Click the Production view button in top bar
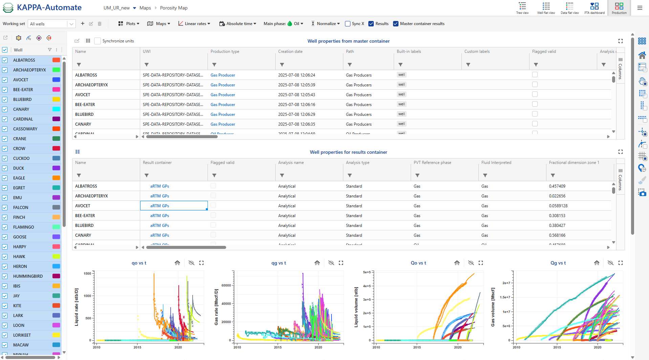[619, 8]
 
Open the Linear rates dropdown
[194, 24]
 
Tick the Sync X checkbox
[348, 24]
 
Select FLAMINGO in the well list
[24, 227]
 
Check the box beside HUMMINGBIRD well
[5, 276]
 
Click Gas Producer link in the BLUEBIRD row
[222, 114]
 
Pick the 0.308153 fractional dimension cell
[557, 216]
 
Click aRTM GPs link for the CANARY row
[159, 235]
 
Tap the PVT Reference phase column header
[432, 163]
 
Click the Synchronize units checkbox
[98, 41]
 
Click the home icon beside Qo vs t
[457, 263]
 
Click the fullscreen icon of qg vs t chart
[341, 263]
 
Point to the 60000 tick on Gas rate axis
[226, 285]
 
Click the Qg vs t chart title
[558, 263]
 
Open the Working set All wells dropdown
[51, 24]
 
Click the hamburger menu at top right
[640, 8]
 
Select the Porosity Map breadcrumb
[174, 8]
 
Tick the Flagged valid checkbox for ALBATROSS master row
[535, 75]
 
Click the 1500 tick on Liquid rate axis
[87, 274]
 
